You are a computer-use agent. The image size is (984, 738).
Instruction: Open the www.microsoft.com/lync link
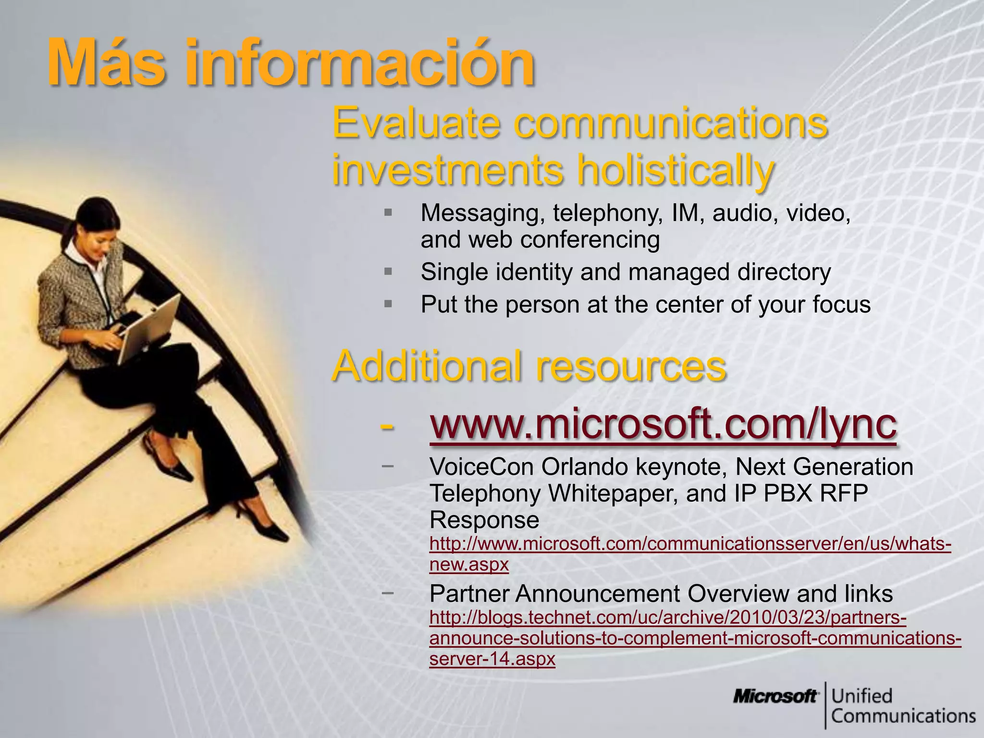pyautogui.click(x=663, y=425)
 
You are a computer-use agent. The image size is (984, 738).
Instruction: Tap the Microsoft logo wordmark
pyautogui.click(x=775, y=696)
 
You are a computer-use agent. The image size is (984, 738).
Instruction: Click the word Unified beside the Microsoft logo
pyautogui.click(x=862, y=696)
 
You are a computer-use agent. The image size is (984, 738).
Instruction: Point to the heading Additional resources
pyautogui.click(x=529, y=366)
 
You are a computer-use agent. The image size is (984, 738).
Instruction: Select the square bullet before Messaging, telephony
pyautogui.click(x=388, y=212)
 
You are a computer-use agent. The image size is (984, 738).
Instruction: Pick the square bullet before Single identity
pyautogui.click(x=388, y=272)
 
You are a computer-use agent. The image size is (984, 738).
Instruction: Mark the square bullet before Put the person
pyautogui.click(x=388, y=304)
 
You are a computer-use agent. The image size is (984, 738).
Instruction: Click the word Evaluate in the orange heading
pyautogui.click(x=416, y=123)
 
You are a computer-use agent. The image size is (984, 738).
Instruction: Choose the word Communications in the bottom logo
pyautogui.click(x=903, y=716)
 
